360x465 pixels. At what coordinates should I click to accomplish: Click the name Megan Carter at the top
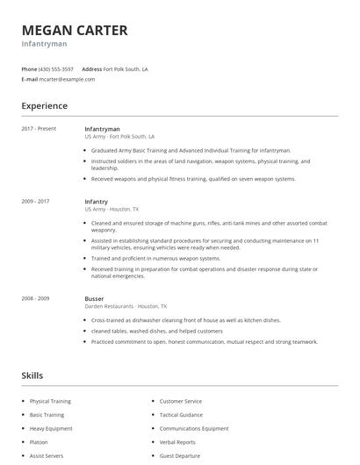pyautogui.click(x=75, y=30)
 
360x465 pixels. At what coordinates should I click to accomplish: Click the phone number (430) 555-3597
pyautogui.click(x=56, y=68)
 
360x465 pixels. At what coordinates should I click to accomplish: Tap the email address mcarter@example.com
pyautogui.click(x=67, y=79)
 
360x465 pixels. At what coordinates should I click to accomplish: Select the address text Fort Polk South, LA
pyautogui.click(x=126, y=68)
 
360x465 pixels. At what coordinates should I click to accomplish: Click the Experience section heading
pyautogui.click(x=44, y=106)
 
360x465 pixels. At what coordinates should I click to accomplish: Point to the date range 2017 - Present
pyautogui.click(x=39, y=128)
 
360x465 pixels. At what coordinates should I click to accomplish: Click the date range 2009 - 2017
pyautogui.click(x=35, y=202)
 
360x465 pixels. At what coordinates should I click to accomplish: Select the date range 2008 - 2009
pyautogui.click(x=35, y=298)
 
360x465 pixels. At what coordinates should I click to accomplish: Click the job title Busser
pyautogui.click(x=94, y=298)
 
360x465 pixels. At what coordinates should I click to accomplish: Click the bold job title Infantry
pyautogui.click(x=97, y=202)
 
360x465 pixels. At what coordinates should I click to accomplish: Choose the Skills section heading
pyautogui.click(x=32, y=376)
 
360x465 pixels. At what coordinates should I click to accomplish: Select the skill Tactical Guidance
pyautogui.click(x=181, y=414)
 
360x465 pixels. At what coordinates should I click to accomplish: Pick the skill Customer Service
pyautogui.click(x=180, y=401)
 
